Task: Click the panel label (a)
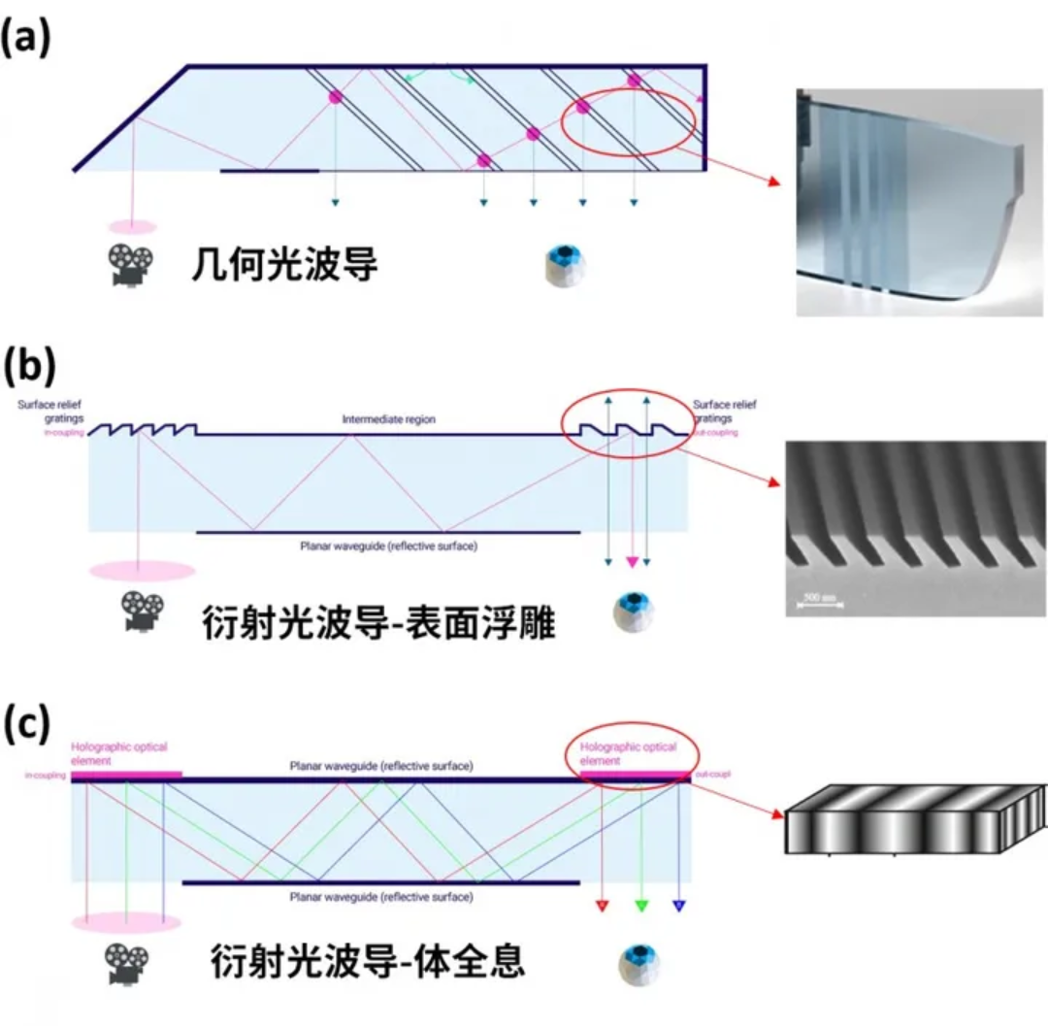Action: (x=26, y=40)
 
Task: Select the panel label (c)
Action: (x=26, y=725)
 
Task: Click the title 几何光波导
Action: (x=283, y=264)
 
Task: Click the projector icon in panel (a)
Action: (x=130, y=265)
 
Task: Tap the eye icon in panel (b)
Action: (x=633, y=612)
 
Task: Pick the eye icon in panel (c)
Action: (x=640, y=962)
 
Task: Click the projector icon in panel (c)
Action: (x=127, y=963)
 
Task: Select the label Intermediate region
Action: (x=388, y=420)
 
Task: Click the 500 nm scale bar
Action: (x=819, y=604)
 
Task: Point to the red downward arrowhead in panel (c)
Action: (x=602, y=907)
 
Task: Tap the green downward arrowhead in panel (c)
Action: (x=640, y=907)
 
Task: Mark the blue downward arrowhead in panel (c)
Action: (x=679, y=907)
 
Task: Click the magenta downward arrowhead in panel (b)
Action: (x=633, y=562)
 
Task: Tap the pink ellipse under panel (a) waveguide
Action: (x=131, y=227)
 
